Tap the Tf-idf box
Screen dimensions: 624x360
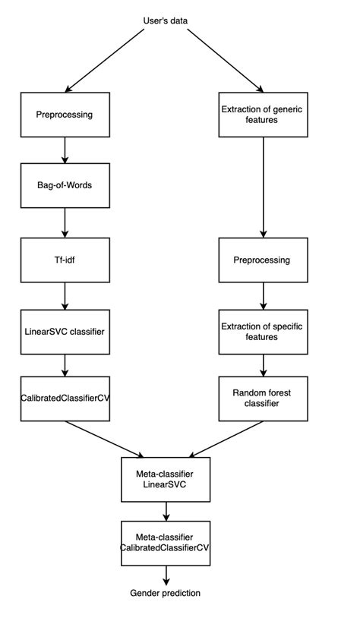65,259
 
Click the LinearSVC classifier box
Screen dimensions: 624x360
65,332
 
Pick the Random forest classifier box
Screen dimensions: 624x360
264,399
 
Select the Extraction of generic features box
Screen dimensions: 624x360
264,115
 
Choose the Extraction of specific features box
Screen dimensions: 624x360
264,331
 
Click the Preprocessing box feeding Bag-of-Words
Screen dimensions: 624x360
65,115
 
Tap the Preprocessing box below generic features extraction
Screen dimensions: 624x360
264,260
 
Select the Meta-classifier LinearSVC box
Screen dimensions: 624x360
165,478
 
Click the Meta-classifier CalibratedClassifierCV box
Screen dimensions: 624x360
165,542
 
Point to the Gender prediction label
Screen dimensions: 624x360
165,593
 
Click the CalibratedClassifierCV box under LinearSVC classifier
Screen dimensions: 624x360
65,399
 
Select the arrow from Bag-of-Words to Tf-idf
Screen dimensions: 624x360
65,223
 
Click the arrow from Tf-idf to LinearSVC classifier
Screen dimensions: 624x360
65,295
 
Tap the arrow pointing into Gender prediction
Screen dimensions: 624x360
165,575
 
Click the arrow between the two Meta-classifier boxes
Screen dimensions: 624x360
165,510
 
